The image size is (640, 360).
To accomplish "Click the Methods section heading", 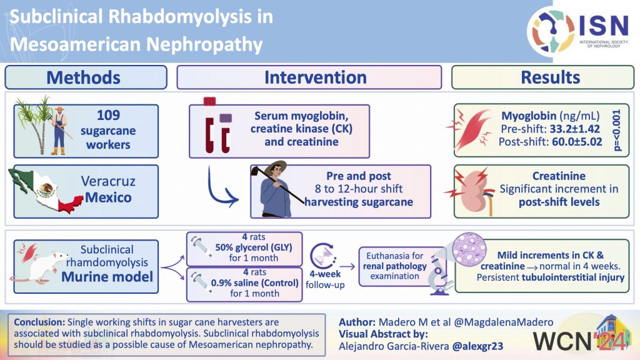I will point(83,77).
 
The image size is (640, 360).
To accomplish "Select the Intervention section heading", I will point(316,77).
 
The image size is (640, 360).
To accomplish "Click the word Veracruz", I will point(107,182).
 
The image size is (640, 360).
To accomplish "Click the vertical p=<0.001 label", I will point(618,129).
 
